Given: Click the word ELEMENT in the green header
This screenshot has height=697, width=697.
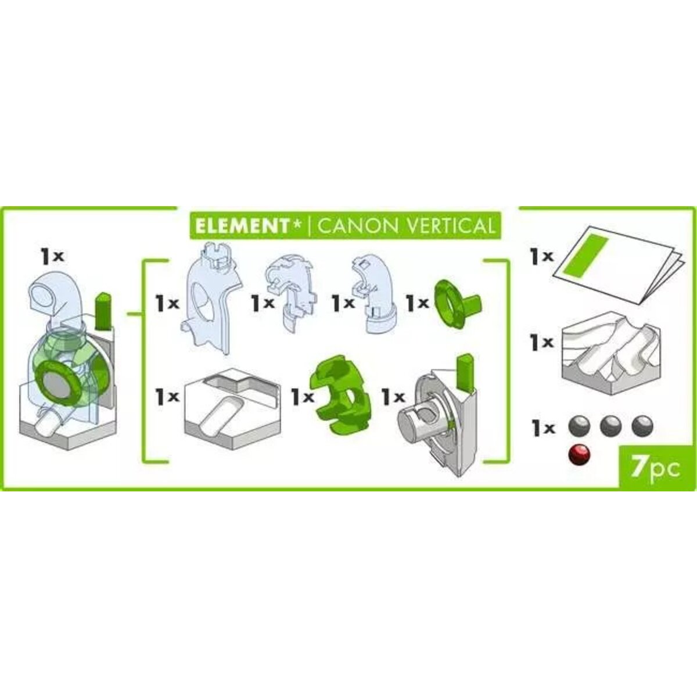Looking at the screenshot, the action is (241, 226).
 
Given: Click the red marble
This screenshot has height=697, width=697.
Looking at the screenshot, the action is (579, 455).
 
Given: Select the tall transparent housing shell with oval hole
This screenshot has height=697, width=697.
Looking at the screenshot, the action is (211, 297).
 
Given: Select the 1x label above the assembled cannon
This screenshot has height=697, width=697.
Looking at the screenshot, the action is (52, 257).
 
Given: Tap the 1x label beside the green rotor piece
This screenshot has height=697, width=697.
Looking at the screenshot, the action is (303, 397).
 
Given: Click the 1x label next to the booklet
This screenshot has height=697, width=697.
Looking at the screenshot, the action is (541, 257).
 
